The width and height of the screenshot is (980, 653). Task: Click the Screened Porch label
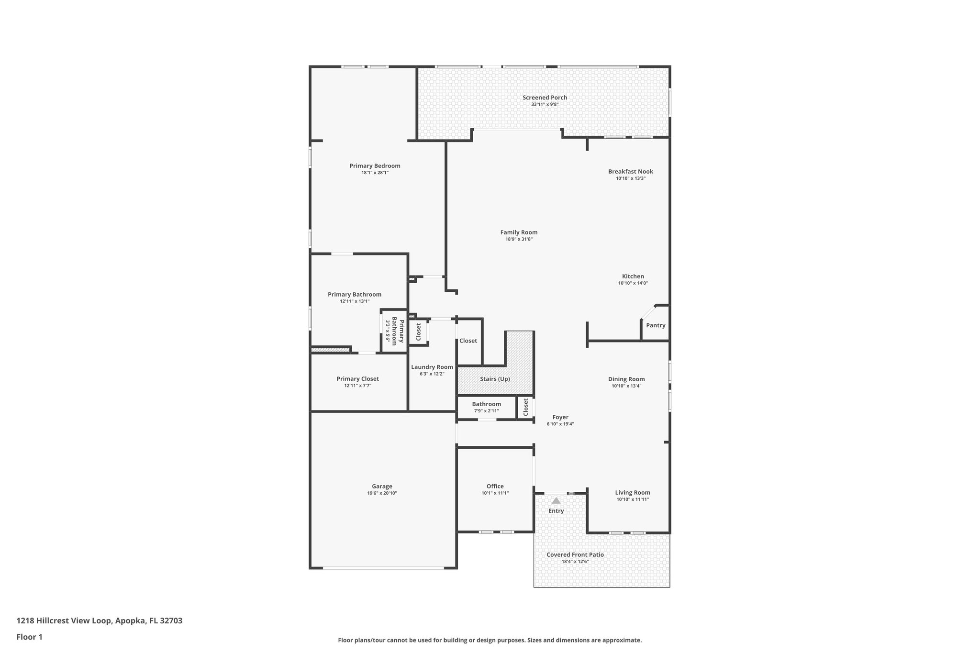tap(545, 98)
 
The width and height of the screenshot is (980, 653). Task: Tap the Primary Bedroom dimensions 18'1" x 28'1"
tap(375, 173)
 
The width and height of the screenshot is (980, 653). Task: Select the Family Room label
tap(519, 232)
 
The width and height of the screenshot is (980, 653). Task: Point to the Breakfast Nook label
tap(630, 171)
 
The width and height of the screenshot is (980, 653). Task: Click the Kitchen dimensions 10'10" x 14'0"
tap(633, 283)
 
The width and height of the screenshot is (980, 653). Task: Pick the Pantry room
tap(656, 325)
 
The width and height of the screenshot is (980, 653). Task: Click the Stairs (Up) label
tap(495, 379)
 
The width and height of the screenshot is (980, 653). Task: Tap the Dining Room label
tap(626, 379)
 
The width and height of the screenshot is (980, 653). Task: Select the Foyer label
tap(560, 417)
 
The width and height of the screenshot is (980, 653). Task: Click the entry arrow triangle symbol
tap(556, 501)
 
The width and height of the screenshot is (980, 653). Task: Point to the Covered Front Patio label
tap(575, 555)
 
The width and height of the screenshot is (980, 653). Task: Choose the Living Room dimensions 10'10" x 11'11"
tap(633, 499)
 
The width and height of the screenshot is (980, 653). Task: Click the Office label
tap(495, 486)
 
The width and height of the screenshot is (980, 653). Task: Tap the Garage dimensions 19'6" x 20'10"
tap(382, 493)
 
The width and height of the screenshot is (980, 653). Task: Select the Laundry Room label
tap(432, 367)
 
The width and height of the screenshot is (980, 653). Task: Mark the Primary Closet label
tap(357, 379)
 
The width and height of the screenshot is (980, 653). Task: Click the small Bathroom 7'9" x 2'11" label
tap(486, 404)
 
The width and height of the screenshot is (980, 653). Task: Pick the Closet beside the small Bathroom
tap(525, 407)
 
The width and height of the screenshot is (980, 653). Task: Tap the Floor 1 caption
tap(29, 637)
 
